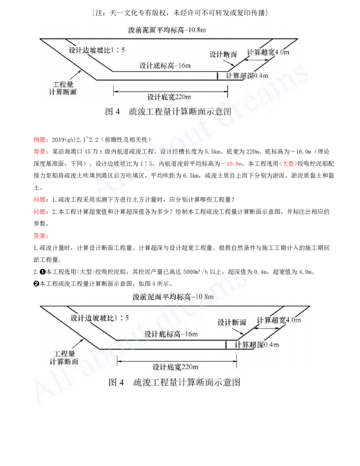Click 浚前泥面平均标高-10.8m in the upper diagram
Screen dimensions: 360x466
point(167,31)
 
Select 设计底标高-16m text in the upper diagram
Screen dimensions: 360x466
point(165,65)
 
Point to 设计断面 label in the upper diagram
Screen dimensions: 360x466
point(223,54)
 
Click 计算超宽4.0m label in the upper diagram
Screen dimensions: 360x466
point(268,52)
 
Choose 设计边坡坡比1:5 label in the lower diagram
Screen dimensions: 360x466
point(100,318)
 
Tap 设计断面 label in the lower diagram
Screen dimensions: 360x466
point(232,322)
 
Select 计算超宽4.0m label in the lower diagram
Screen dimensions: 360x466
point(279,320)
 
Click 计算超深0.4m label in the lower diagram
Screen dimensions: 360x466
point(257,344)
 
